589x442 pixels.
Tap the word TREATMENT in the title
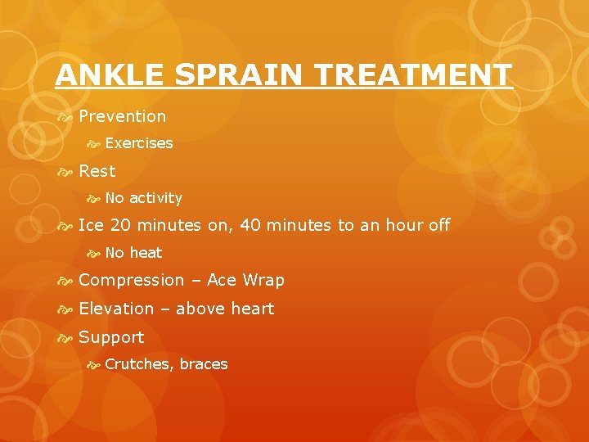pyautogui.click(x=425, y=75)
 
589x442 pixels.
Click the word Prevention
pyautogui.click(x=122, y=116)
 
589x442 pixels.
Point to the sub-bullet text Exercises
pyautogui.click(x=139, y=143)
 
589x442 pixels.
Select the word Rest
pyautogui.click(x=97, y=171)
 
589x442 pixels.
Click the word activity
pyautogui.click(x=155, y=198)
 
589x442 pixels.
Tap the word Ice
pyautogui.click(x=91, y=225)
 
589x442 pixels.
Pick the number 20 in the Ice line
pyautogui.click(x=120, y=225)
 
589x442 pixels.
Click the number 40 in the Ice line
pyautogui.click(x=251, y=225)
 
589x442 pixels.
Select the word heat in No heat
pyautogui.click(x=146, y=253)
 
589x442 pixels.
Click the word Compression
pyautogui.click(x=131, y=280)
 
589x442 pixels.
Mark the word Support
pyautogui.click(x=111, y=337)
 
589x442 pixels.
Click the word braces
pyautogui.click(x=204, y=364)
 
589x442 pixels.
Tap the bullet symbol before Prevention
pyautogui.click(x=65, y=117)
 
